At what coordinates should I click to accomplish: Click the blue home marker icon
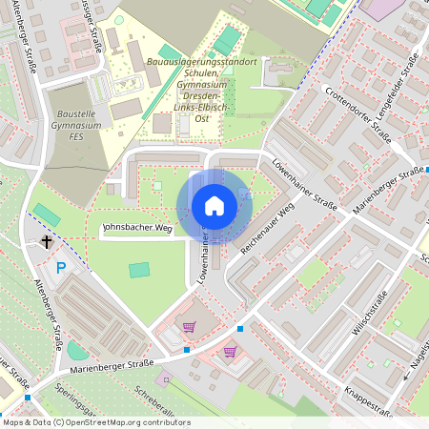214,206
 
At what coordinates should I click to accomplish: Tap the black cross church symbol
46,242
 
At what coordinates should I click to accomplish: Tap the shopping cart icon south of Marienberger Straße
230,351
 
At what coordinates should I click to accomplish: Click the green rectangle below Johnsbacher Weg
139,270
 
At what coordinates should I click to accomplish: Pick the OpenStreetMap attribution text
95,422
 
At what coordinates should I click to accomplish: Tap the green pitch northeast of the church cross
45,211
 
